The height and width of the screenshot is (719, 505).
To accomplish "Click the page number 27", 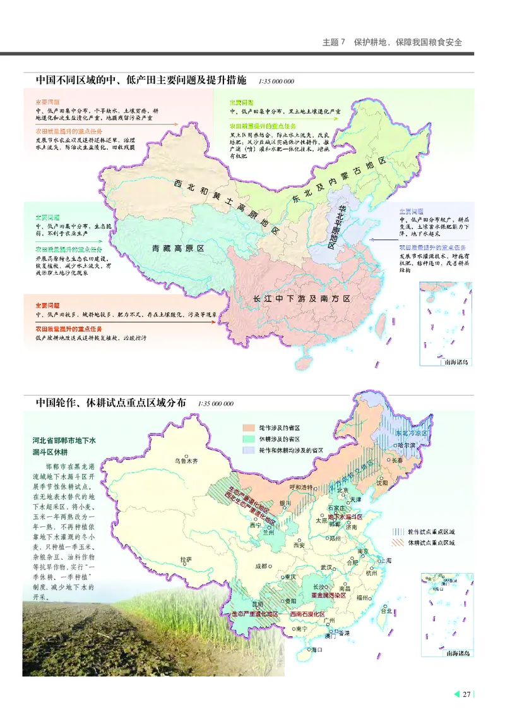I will [467, 695].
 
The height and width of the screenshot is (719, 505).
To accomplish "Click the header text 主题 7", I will [335, 43].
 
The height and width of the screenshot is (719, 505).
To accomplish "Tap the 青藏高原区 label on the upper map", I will [179, 249].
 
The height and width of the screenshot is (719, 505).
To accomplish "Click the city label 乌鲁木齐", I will [186, 461].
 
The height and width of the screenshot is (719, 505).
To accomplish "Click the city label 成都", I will [262, 566].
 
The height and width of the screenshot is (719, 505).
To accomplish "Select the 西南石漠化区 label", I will [307, 614].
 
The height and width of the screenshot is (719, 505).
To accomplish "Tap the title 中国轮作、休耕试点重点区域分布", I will [110, 403].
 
